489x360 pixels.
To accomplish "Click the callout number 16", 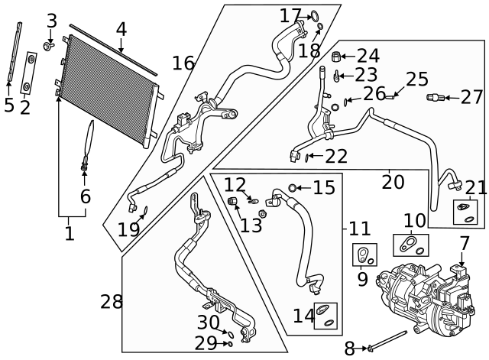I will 183,63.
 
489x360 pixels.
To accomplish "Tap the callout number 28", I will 112,301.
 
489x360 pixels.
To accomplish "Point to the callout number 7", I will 465,244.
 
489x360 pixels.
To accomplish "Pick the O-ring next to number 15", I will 293,188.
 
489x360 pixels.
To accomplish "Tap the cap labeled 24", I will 335,55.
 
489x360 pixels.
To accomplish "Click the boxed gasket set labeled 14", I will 325,315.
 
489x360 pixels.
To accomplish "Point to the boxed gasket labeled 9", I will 365,255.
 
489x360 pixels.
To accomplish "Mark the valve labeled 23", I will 335,76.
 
